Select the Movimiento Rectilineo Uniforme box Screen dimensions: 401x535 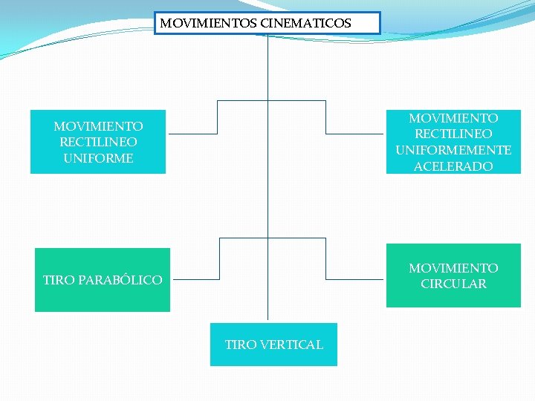(98, 142)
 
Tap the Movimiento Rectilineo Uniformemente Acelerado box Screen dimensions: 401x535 (453, 142)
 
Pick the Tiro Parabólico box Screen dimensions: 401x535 (103, 280)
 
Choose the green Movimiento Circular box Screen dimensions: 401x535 (453, 276)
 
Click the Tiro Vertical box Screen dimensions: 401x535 (273, 345)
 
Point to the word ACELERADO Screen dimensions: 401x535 (453, 166)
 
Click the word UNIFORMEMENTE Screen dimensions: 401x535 (453, 150)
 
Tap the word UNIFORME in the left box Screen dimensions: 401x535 (98, 158)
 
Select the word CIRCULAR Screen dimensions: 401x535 (453, 284)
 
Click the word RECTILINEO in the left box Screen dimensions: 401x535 (98, 142)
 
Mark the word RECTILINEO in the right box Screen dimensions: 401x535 (453, 134)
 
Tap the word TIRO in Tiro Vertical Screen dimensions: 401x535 (241, 345)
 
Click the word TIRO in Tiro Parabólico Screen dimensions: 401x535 (59, 280)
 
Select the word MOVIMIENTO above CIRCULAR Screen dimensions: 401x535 (453, 267)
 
